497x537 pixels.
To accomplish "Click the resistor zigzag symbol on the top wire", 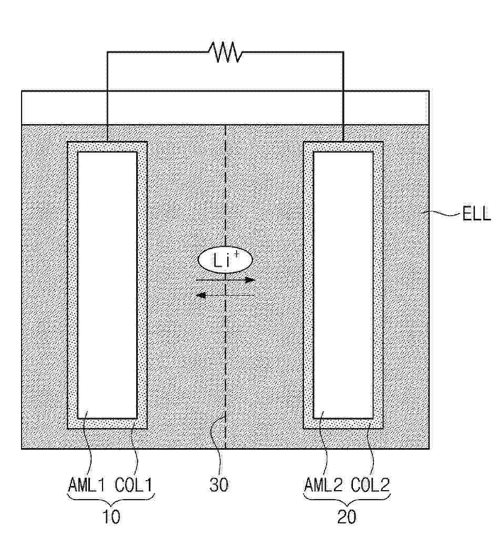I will pos(225,52).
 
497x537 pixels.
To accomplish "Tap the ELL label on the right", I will pos(475,215).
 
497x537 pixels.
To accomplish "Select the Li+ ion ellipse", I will pos(225,260).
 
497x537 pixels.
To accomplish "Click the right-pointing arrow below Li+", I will pos(225,280).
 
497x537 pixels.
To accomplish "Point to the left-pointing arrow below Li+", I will pos(225,296).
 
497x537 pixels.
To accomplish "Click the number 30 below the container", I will pos(219,485).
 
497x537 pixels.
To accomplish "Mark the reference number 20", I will pos(347,517).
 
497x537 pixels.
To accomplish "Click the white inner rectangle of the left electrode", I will pos(107,284).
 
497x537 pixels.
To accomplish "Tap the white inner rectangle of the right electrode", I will pos(343,284).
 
